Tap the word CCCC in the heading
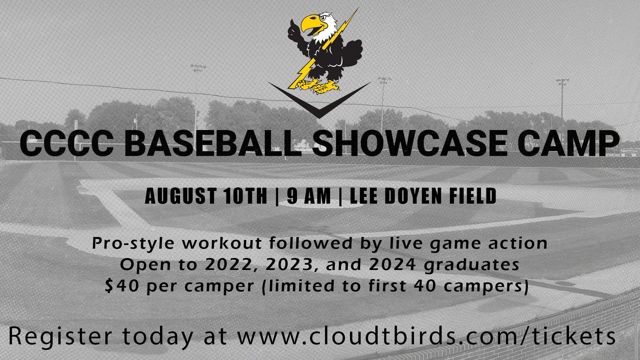pyautogui.click(x=67, y=143)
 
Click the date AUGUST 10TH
pyautogui.click(x=206, y=196)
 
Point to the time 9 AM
pyautogui.click(x=309, y=196)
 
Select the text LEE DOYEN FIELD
pyautogui.click(x=423, y=196)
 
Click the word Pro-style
pyautogui.click(x=133, y=243)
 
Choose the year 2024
pyautogui.click(x=392, y=265)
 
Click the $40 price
pyautogui.click(x=122, y=286)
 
